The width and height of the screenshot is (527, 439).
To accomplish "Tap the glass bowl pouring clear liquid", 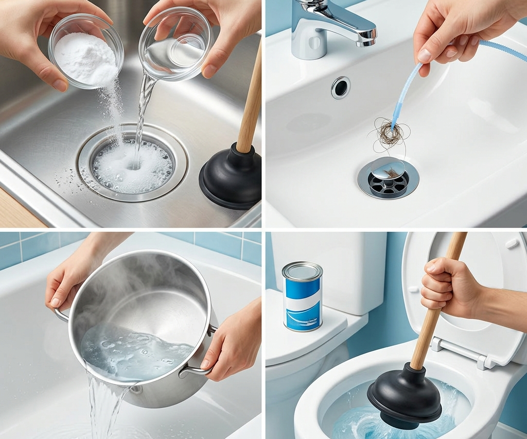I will click(x=175, y=43).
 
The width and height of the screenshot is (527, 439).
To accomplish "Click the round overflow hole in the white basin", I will click(x=340, y=88).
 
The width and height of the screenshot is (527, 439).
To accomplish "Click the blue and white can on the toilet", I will click(x=302, y=298).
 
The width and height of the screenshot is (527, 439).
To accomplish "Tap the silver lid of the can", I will click(x=302, y=271).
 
